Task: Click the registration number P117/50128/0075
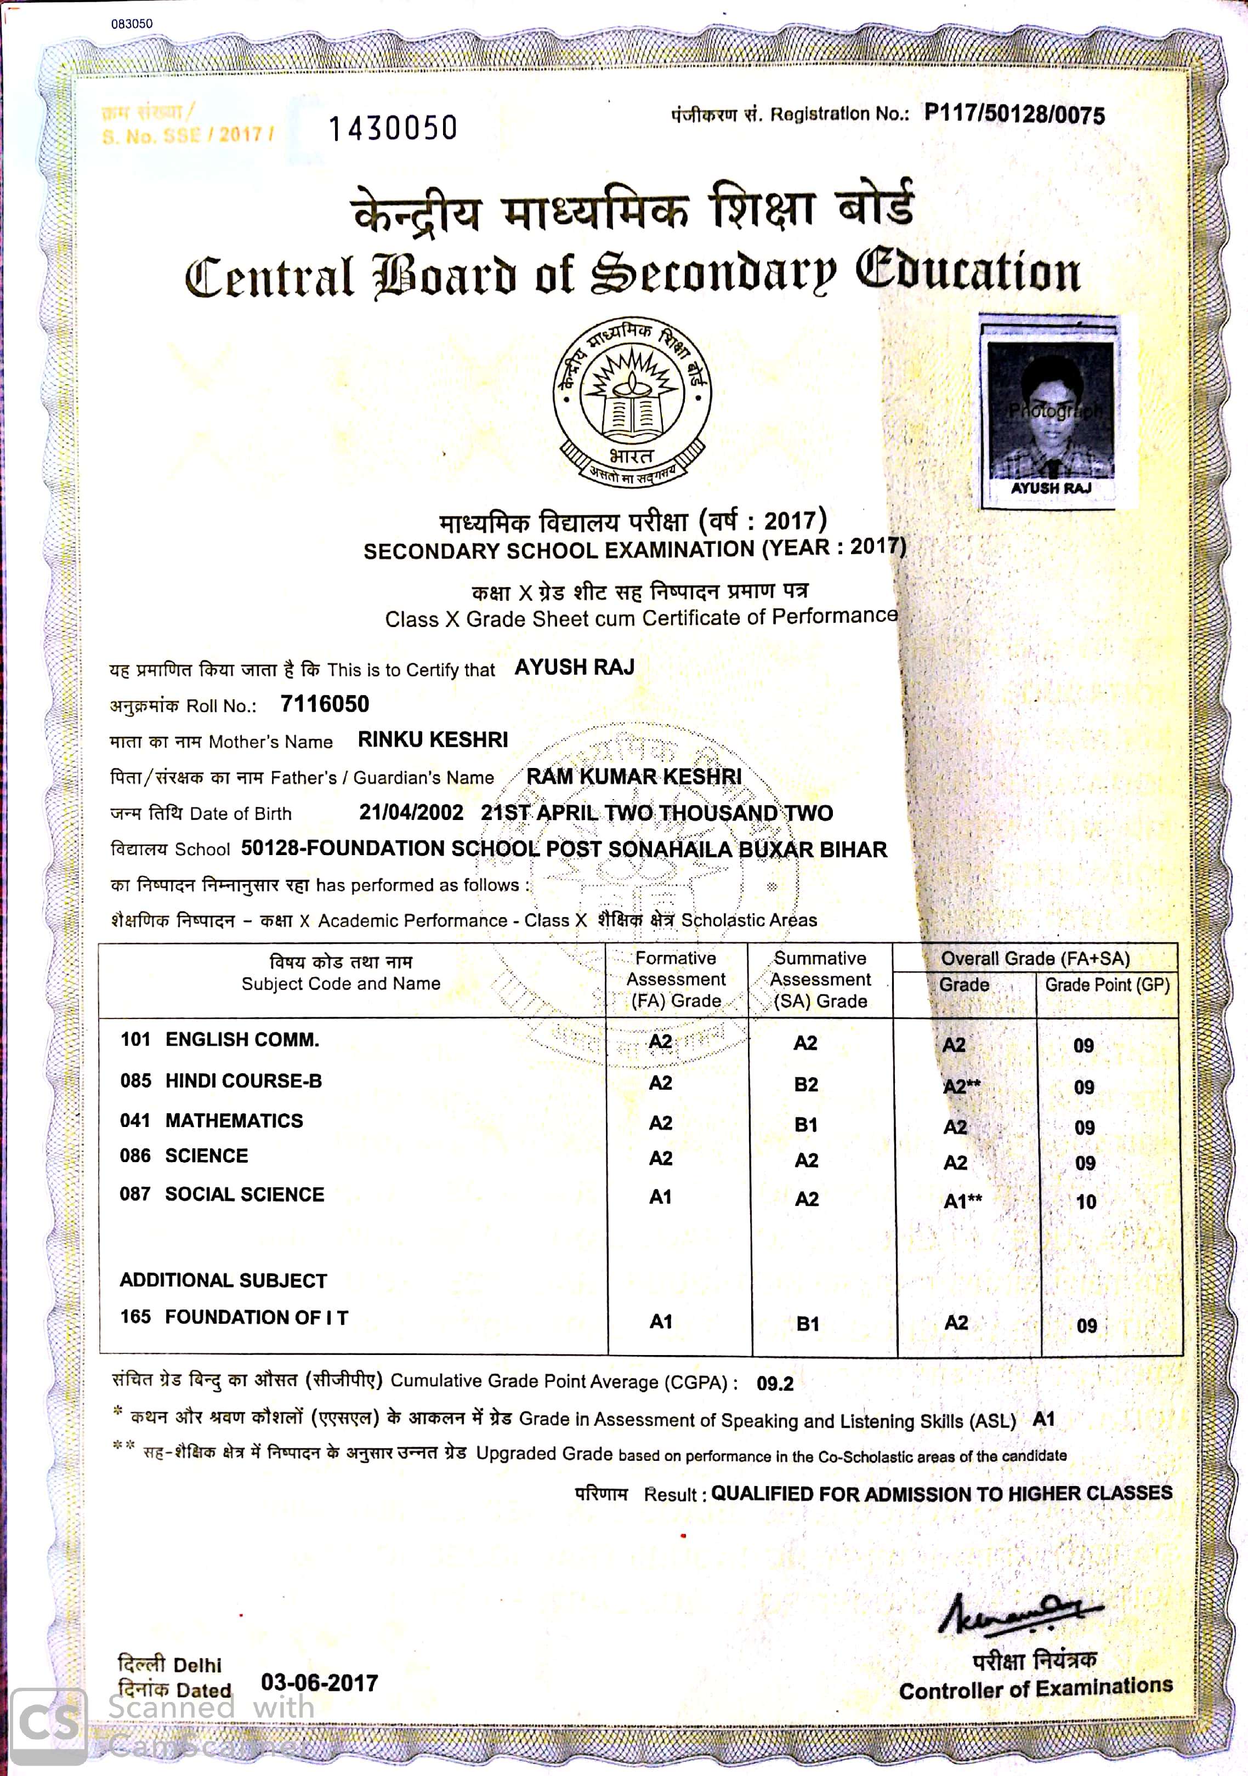[x=1014, y=115]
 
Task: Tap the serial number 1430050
[x=393, y=128]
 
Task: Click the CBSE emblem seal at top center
[x=632, y=402]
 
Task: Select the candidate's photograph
[x=1050, y=410]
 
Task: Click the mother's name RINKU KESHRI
[x=433, y=739]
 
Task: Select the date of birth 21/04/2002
[x=411, y=812]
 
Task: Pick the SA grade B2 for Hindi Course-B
[x=805, y=1084]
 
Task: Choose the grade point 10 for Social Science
[x=1086, y=1202]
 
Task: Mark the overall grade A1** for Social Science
[x=962, y=1202]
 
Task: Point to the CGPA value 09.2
[x=774, y=1384]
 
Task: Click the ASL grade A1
[x=1043, y=1419]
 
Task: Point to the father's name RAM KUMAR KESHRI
[x=634, y=777]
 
